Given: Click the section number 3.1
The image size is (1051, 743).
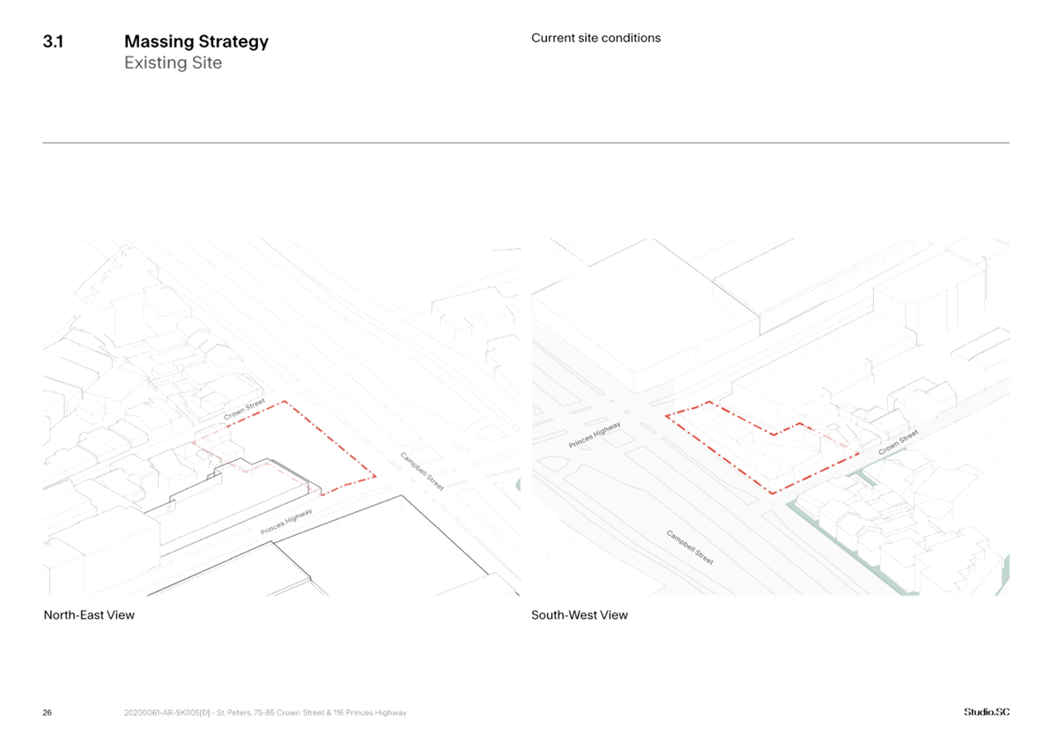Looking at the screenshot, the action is click(x=53, y=41).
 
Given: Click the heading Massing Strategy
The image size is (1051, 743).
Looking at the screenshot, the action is click(x=196, y=42).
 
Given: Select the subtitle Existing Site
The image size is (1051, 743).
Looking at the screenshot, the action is click(x=173, y=63).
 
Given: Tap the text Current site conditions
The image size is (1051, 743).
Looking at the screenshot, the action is click(x=596, y=38).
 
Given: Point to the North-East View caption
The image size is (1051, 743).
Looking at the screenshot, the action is click(x=89, y=615).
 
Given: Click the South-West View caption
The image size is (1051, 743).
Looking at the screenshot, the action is click(x=580, y=615).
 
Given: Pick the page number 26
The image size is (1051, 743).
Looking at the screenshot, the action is click(x=47, y=712).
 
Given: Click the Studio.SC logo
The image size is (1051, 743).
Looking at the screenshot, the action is click(x=987, y=712).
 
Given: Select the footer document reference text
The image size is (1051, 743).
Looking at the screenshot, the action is click(x=265, y=713).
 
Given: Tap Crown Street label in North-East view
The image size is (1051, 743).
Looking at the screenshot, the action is click(x=245, y=410).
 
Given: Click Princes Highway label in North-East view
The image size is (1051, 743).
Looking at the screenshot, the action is click(x=286, y=522).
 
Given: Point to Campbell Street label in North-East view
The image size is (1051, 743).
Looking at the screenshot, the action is click(x=422, y=472).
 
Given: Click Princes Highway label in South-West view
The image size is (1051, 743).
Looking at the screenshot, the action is click(x=595, y=435).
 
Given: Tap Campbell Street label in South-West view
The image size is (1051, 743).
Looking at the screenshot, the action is click(x=690, y=547).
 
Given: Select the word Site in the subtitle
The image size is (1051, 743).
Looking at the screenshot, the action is click(x=207, y=63).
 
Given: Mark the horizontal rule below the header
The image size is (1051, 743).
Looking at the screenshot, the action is click(x=526, y=143).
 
